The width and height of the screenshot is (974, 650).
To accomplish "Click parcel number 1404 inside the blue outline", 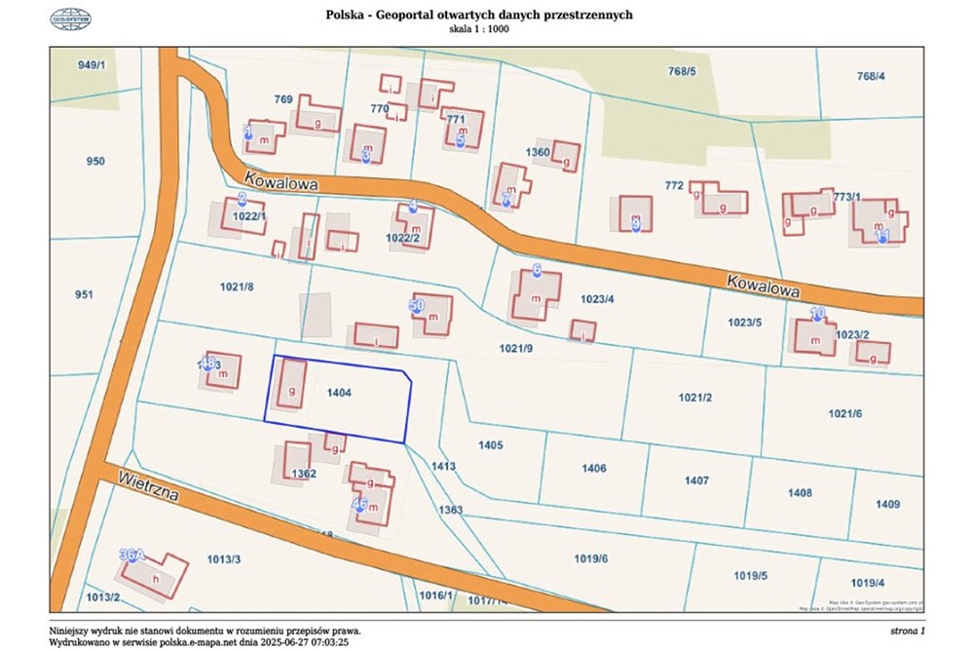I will (x=340, y=392).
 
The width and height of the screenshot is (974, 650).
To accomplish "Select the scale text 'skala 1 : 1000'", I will (x=478, y=29).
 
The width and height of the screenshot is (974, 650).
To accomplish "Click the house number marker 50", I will (x=417, y=306).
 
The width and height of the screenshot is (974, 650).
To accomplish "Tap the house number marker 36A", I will (x=131, y=555).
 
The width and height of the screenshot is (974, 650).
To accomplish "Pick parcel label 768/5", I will (x=682, y=71).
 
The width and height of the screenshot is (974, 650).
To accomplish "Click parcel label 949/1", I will (x=91, y=64).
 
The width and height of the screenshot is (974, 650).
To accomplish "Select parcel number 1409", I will (x=887, y=504).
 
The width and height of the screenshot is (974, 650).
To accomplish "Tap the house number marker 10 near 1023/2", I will (x=818, y=314).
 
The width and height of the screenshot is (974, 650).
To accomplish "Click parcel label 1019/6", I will (x=590, y=558).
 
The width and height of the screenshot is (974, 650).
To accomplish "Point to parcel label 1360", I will (x=538, y=152).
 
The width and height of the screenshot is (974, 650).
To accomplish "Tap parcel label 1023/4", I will (x=596, y=299).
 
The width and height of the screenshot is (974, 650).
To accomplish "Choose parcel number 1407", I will (x=696, y=480).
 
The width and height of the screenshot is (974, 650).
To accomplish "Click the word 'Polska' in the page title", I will (x=347, y=16).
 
